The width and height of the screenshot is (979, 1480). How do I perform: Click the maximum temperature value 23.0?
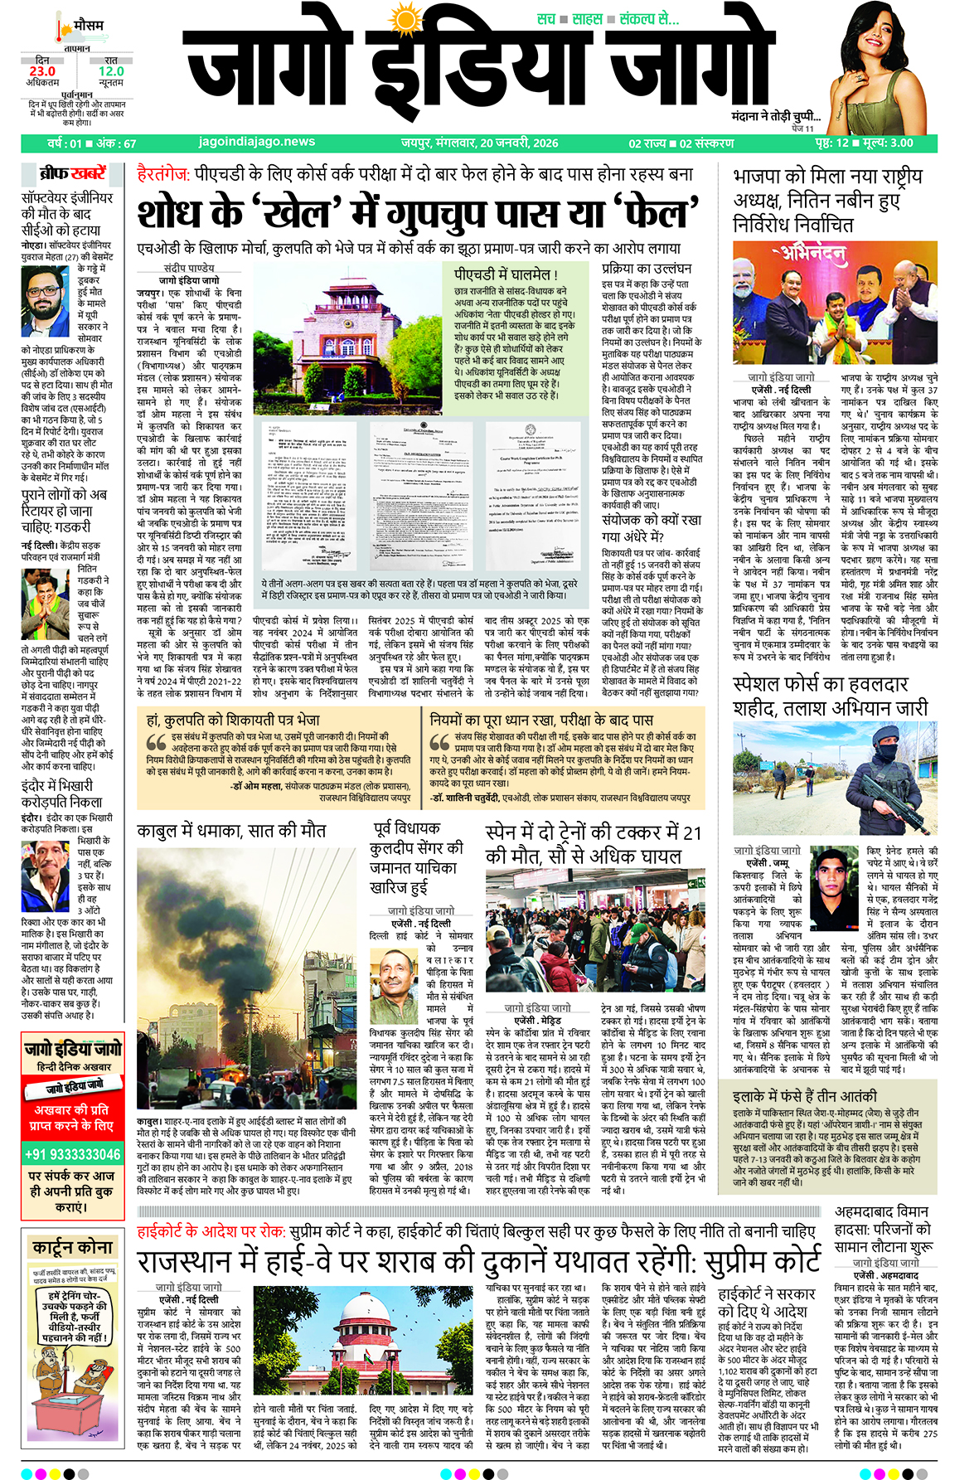tap(41, 71)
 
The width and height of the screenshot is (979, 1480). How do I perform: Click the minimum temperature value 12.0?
tap(110, 71)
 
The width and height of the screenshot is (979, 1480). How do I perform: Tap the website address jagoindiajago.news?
tap(257, 143)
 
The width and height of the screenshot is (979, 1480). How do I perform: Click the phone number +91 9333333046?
tap(72, 1154)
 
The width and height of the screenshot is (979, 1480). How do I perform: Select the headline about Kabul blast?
tap(231, 831)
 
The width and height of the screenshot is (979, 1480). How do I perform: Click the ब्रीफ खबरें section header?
tap(73, 173)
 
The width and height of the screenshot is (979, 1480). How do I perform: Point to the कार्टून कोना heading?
tap(73, 1247)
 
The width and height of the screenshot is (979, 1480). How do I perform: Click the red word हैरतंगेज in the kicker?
tap(163, 175)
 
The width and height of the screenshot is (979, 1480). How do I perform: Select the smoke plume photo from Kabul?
tap(245, 978)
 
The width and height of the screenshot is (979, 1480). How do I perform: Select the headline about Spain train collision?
tap(594, 844)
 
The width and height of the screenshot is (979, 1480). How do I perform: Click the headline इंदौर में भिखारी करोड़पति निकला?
tap(62, 793)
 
